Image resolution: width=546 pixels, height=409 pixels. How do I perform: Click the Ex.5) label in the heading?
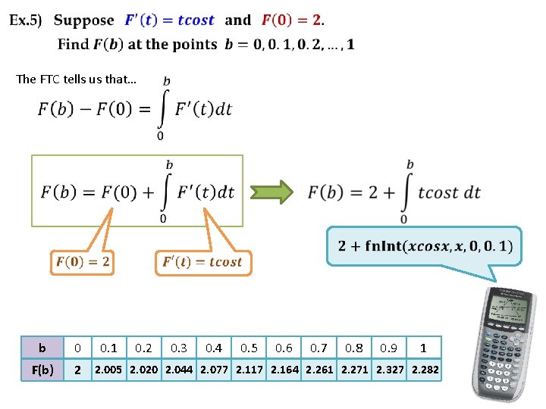[26, 20]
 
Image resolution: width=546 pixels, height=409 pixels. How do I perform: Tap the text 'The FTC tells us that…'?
[76, 80]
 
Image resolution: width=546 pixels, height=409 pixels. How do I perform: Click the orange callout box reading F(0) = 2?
[83, 262]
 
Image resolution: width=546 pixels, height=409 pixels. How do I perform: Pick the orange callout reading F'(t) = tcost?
[202, 262]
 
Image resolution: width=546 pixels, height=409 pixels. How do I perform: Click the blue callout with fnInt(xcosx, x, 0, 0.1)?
[425, 246]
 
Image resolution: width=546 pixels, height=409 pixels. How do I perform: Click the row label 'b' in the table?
[42, 348]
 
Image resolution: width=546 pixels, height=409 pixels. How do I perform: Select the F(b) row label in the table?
[42, 370]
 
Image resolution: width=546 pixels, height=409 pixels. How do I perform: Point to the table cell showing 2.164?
[284, 370]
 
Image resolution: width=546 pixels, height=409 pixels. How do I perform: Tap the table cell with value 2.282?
[425, 370]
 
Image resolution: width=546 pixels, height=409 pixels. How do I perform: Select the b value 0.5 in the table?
[249, 348]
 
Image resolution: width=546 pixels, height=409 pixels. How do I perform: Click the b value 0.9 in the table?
[389, 348]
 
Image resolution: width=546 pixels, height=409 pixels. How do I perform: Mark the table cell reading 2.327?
[390, 370]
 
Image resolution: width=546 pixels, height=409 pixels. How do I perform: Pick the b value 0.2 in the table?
[143, 348]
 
